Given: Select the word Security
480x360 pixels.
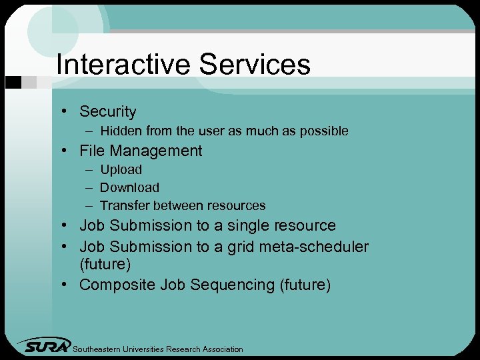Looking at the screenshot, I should point(107,112).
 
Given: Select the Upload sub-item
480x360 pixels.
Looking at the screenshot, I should point(121,170).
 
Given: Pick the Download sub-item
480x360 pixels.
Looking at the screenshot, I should point(129,188).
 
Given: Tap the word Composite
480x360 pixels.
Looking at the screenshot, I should point(117,285).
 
